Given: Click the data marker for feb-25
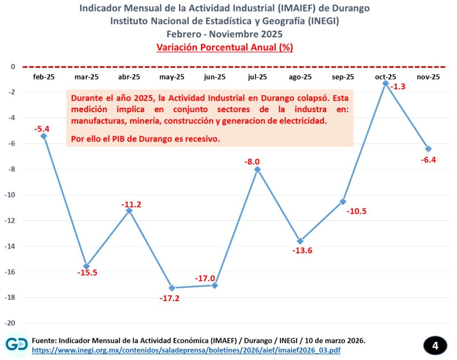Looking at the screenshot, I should click(x=44, y=136).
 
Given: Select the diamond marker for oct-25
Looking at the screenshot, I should click(x=386, y=83).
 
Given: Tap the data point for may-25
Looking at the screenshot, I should click(x=172, y=288).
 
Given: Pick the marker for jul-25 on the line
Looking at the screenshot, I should click(x=258, y=169).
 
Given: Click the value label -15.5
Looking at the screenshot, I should click(x=86, y=272).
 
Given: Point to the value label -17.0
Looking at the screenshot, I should click(x=205, y=278).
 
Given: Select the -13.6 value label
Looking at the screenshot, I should click(x=302, y=251).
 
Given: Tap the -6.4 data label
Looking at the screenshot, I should click(x=428, y=160).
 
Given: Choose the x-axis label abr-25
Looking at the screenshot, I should click(x=129, y=77).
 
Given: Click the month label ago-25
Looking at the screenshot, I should click(x=300, y=77).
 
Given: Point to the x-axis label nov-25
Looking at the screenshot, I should click(x=428, y=77).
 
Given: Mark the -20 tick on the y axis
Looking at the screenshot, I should click(x=10, y=323).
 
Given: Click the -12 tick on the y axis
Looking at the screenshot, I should click(x=10, y=221).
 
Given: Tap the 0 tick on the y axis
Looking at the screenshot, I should click(x=13, y=67).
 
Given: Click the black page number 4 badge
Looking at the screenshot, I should click(x=435, y=345).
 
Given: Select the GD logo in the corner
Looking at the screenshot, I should click(x=17, y=344).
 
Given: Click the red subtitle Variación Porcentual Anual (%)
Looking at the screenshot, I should click(x=224, y=47).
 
